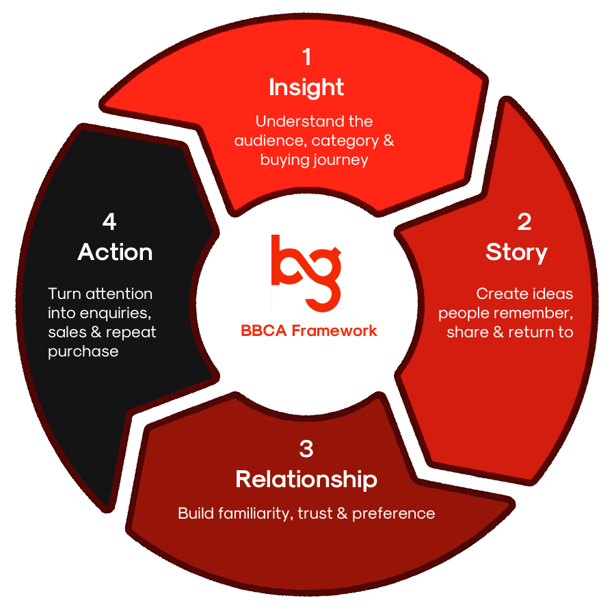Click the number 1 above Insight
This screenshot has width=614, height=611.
307,57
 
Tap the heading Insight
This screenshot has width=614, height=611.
306,88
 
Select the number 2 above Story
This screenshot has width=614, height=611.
524,222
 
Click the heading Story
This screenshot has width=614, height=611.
516,252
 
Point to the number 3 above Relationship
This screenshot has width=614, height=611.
306,449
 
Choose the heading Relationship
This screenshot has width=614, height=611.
306,480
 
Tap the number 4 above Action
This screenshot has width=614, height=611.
109,222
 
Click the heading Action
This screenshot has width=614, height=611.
115,252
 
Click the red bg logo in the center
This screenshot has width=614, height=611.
306,274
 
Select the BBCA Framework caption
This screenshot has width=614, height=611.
308,330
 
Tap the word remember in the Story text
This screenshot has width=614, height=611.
527,313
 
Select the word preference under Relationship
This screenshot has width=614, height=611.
394,514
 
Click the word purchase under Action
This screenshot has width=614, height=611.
83,352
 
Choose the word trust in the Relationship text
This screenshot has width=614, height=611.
315,513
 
